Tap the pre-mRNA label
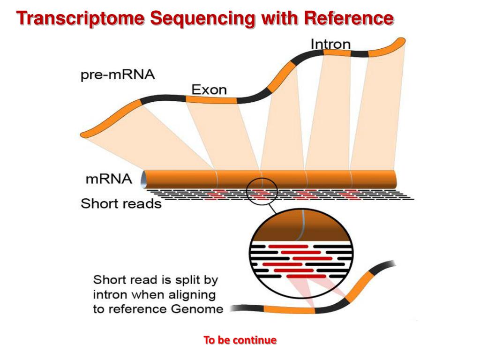(117, 75)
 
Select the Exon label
(209, 89)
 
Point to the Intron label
(330, 44)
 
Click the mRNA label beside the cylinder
(109, 179)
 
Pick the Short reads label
(121, 204)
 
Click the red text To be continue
(240, 340)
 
